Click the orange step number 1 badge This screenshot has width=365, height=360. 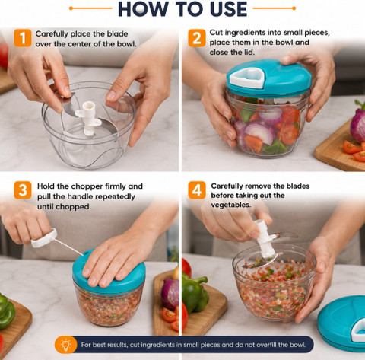(x=23, y=38)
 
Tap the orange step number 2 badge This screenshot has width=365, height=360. (x=197, y=38)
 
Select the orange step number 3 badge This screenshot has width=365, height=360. (x=23, y=190)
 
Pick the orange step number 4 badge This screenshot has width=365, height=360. (x=197, y=190)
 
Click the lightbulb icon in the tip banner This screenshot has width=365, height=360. (x=66, y=345)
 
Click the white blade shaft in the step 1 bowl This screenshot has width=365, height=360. (x=88, y=118)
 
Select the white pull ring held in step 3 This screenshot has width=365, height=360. (x=44, y=238)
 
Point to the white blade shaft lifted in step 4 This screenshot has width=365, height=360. (x=265, y=238)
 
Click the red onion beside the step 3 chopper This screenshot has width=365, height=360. (x=170, y=293)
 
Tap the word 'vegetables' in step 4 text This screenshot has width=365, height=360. (x=230, y=205)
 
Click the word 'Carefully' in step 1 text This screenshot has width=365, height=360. (x=52, y=34)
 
